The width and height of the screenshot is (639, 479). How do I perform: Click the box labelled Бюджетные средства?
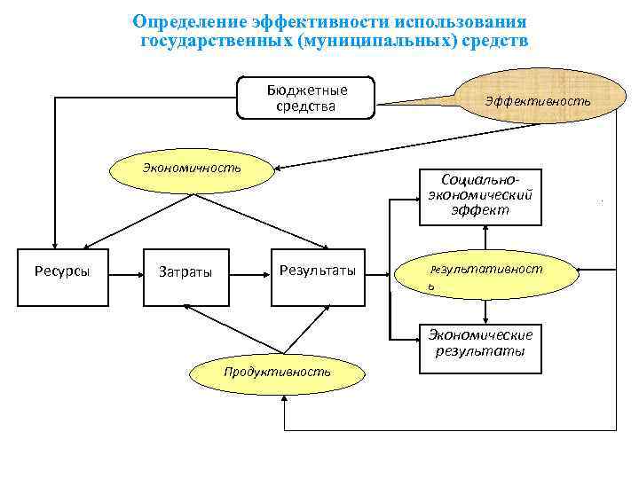(x=306, y=98)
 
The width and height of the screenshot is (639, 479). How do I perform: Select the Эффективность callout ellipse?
(x=538, y=101)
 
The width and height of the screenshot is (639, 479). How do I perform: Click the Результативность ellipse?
(x=485, y=273)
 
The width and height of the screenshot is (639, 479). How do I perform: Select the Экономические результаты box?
(x=480, y=342)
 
